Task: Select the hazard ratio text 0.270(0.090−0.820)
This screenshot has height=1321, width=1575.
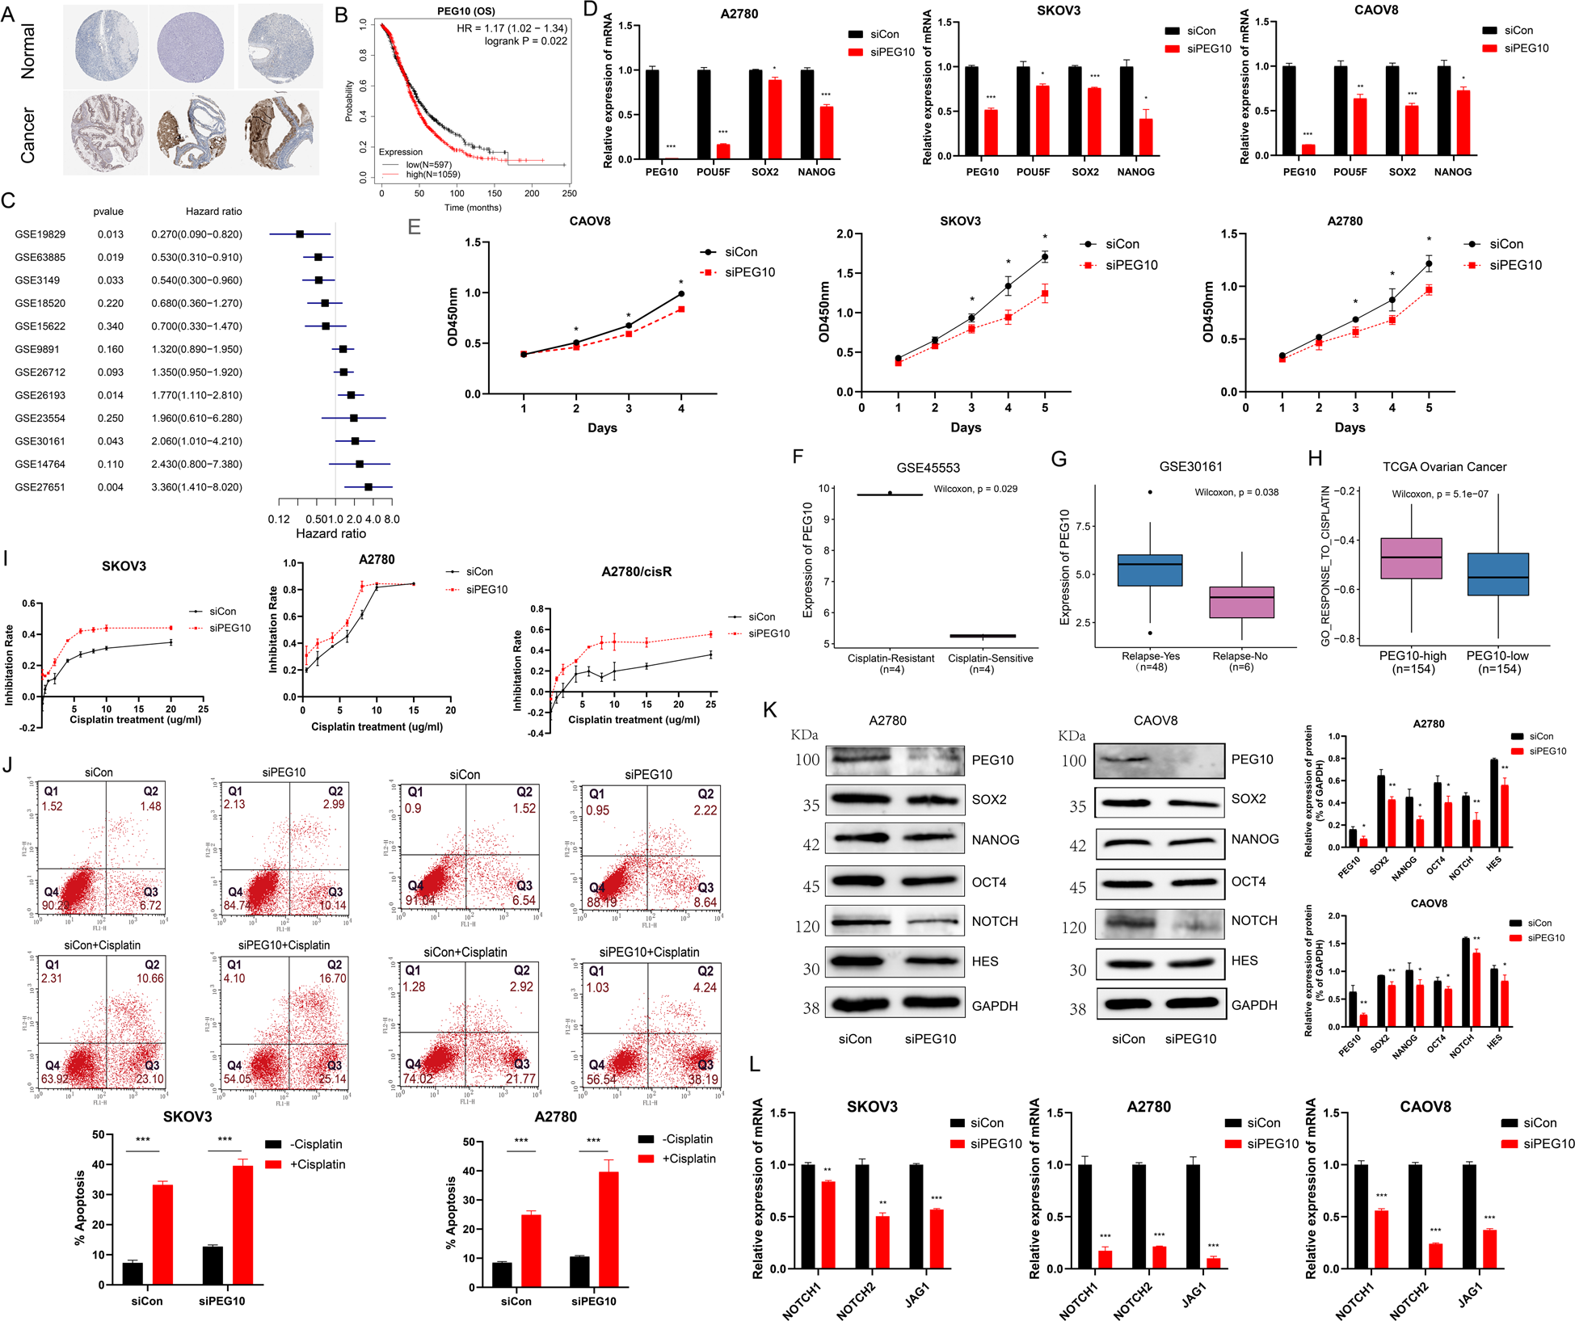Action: [196, 234]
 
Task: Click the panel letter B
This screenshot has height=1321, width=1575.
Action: [341, 15]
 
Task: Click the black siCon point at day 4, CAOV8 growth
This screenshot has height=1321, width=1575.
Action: [681, 294]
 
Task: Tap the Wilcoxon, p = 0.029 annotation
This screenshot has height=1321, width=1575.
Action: [975, 489]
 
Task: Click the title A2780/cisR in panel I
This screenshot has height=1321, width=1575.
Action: [636, 571]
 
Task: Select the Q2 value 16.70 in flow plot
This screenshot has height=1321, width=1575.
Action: [333, 978]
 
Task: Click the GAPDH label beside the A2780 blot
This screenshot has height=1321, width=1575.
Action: [995, 1006]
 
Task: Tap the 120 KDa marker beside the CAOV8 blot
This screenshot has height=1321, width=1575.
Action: [1073, 928]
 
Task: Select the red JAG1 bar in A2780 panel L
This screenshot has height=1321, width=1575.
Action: [1213, 1263]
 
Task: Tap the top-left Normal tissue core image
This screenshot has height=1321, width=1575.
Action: [107, 46]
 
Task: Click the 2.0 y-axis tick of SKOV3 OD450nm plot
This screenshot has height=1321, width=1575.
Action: [845, 234]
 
